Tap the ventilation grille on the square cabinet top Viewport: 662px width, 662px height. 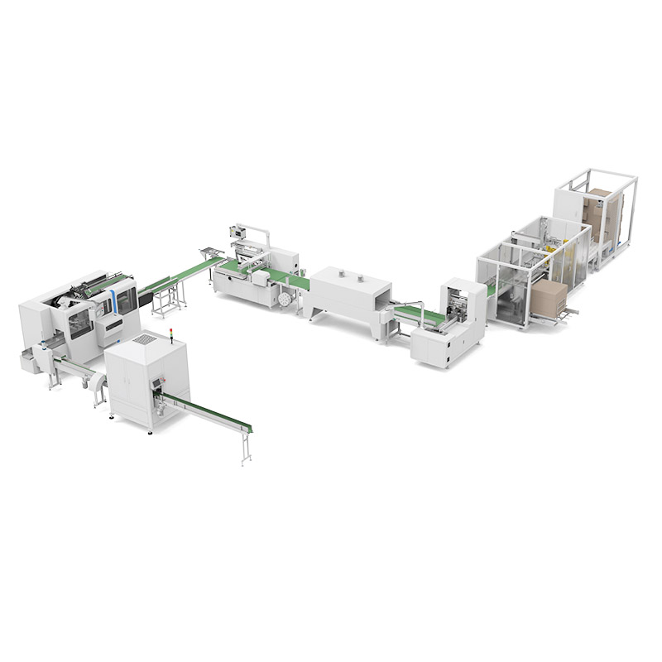point(145,339)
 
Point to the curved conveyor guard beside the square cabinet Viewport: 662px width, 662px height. point(98,382)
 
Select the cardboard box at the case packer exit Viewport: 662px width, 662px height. point(548,299)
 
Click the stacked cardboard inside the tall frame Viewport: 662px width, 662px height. point(601,211)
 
